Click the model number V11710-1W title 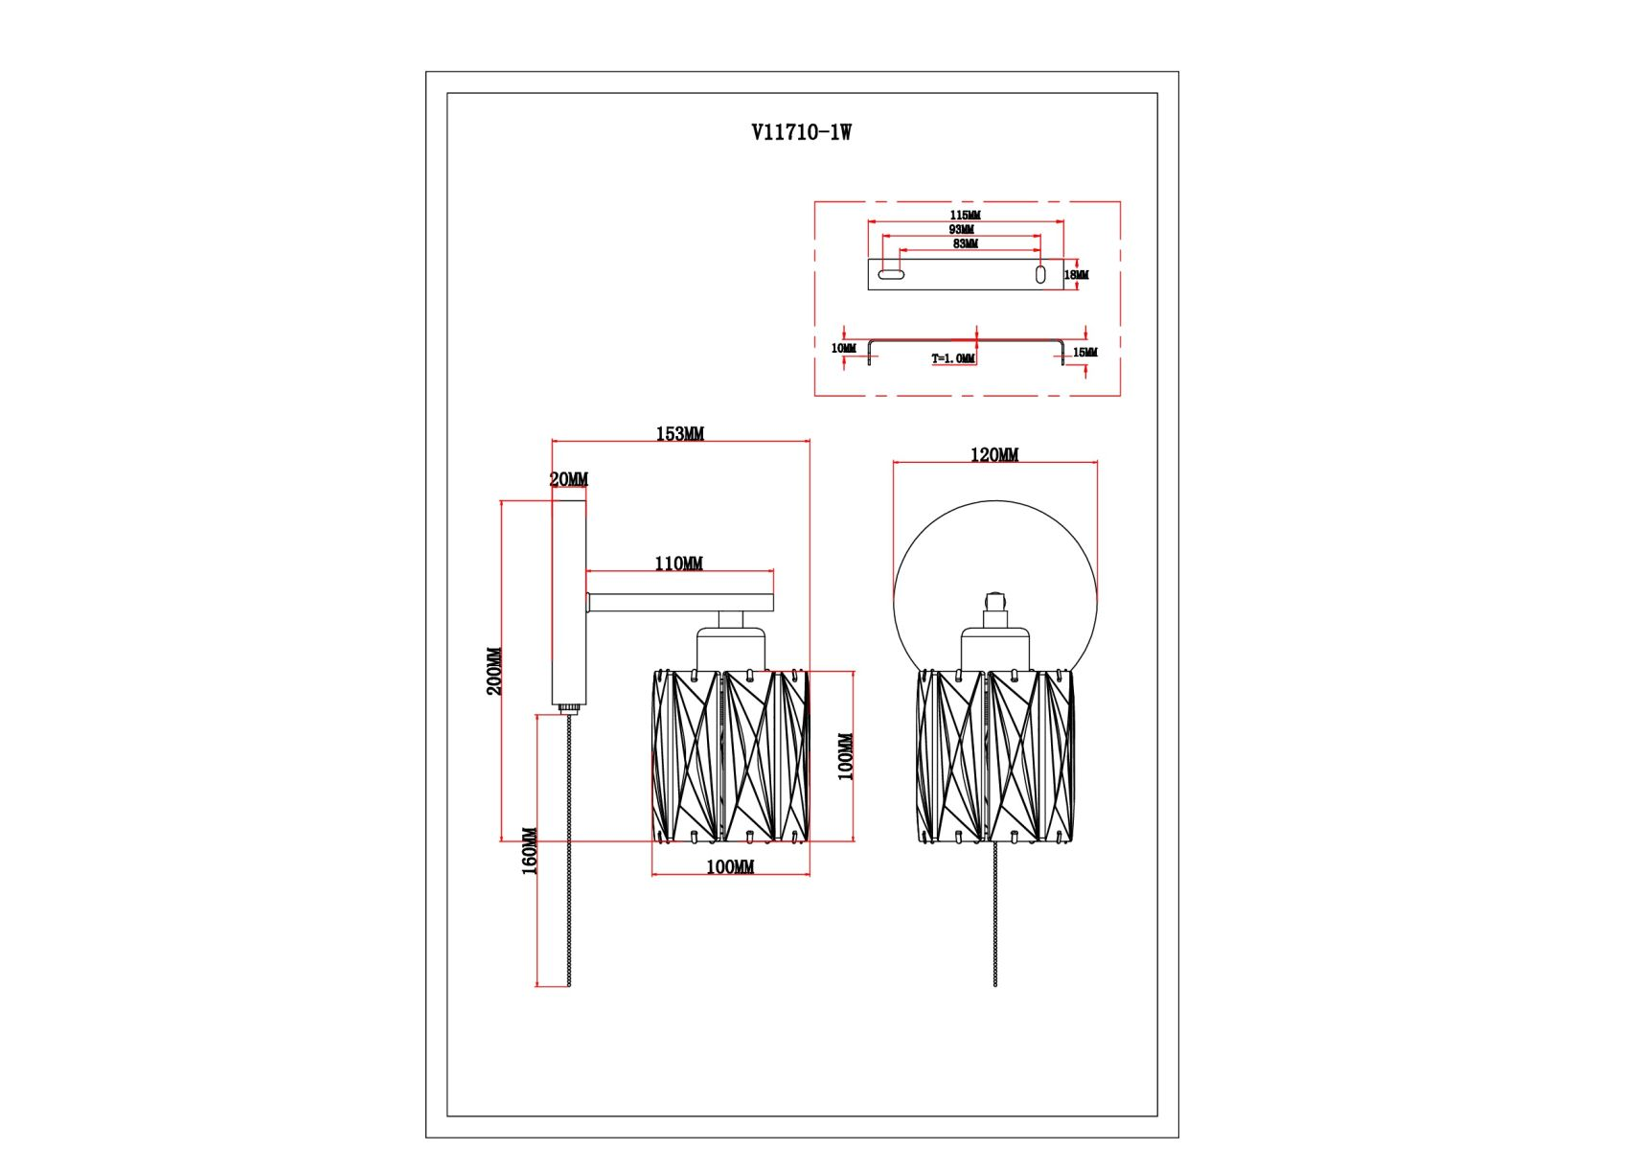click(801, 132)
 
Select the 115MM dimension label click(965, 215)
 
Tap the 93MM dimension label click(961, 229)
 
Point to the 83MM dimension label click(965, 243)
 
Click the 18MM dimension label click(1076, 275)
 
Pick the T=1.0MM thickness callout click(952, 358)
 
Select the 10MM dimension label click(843, 348)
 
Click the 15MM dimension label click(1084, 353)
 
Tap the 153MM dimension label click(679, 433)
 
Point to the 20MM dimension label click(568, 479)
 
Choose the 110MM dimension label click(678, 563)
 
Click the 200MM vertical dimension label click(493, 671)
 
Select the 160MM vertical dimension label click(529, 851)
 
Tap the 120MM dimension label click(993, 454)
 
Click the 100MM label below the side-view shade click(729, 866)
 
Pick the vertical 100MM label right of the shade click(845, 756)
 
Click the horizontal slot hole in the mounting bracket click(891, 274)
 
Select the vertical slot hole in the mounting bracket click(1040, 274)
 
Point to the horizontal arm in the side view click(680, 603)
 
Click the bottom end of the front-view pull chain click(995, 982)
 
